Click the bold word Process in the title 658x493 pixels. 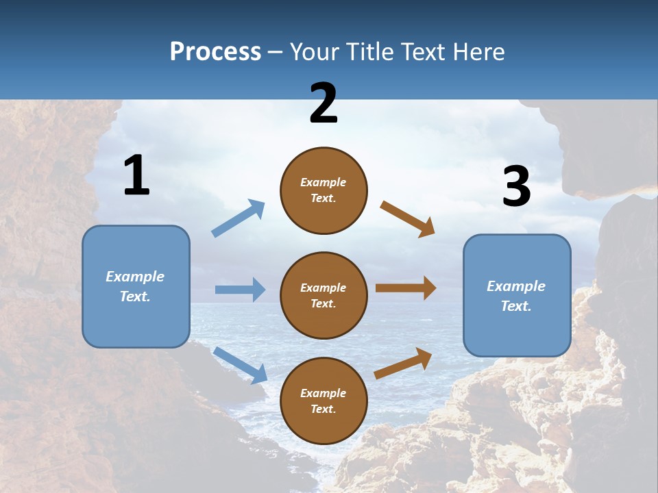[215, 52]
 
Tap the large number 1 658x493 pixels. [136, 175]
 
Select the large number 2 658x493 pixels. [324, 103]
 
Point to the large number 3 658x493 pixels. [516, 187]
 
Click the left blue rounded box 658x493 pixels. [136, 286]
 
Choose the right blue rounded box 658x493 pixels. [517, 295]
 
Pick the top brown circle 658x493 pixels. [324, 190]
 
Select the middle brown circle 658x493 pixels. [324, 295]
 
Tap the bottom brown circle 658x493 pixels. [324, 401]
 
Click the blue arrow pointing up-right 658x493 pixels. [239, 218]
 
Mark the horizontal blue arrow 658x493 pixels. [240, 290]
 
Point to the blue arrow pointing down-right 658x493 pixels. [241, 365]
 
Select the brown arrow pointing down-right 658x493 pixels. [408, 219]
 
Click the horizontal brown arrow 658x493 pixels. [406, 288]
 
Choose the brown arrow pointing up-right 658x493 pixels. [403, 364]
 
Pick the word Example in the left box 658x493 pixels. [135, 277]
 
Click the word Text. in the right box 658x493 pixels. [516, 306]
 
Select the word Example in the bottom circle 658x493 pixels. [324, 393]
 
